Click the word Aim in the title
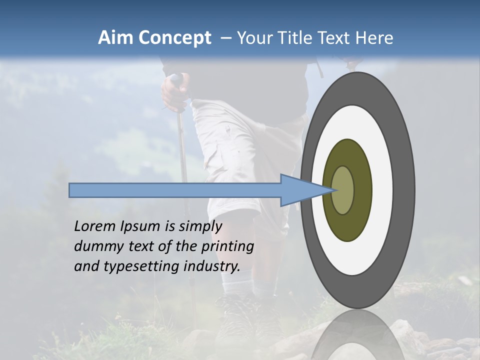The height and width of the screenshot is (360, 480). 115,38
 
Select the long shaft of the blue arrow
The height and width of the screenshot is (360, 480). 175,190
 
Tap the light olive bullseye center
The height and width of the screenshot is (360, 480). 343,190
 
